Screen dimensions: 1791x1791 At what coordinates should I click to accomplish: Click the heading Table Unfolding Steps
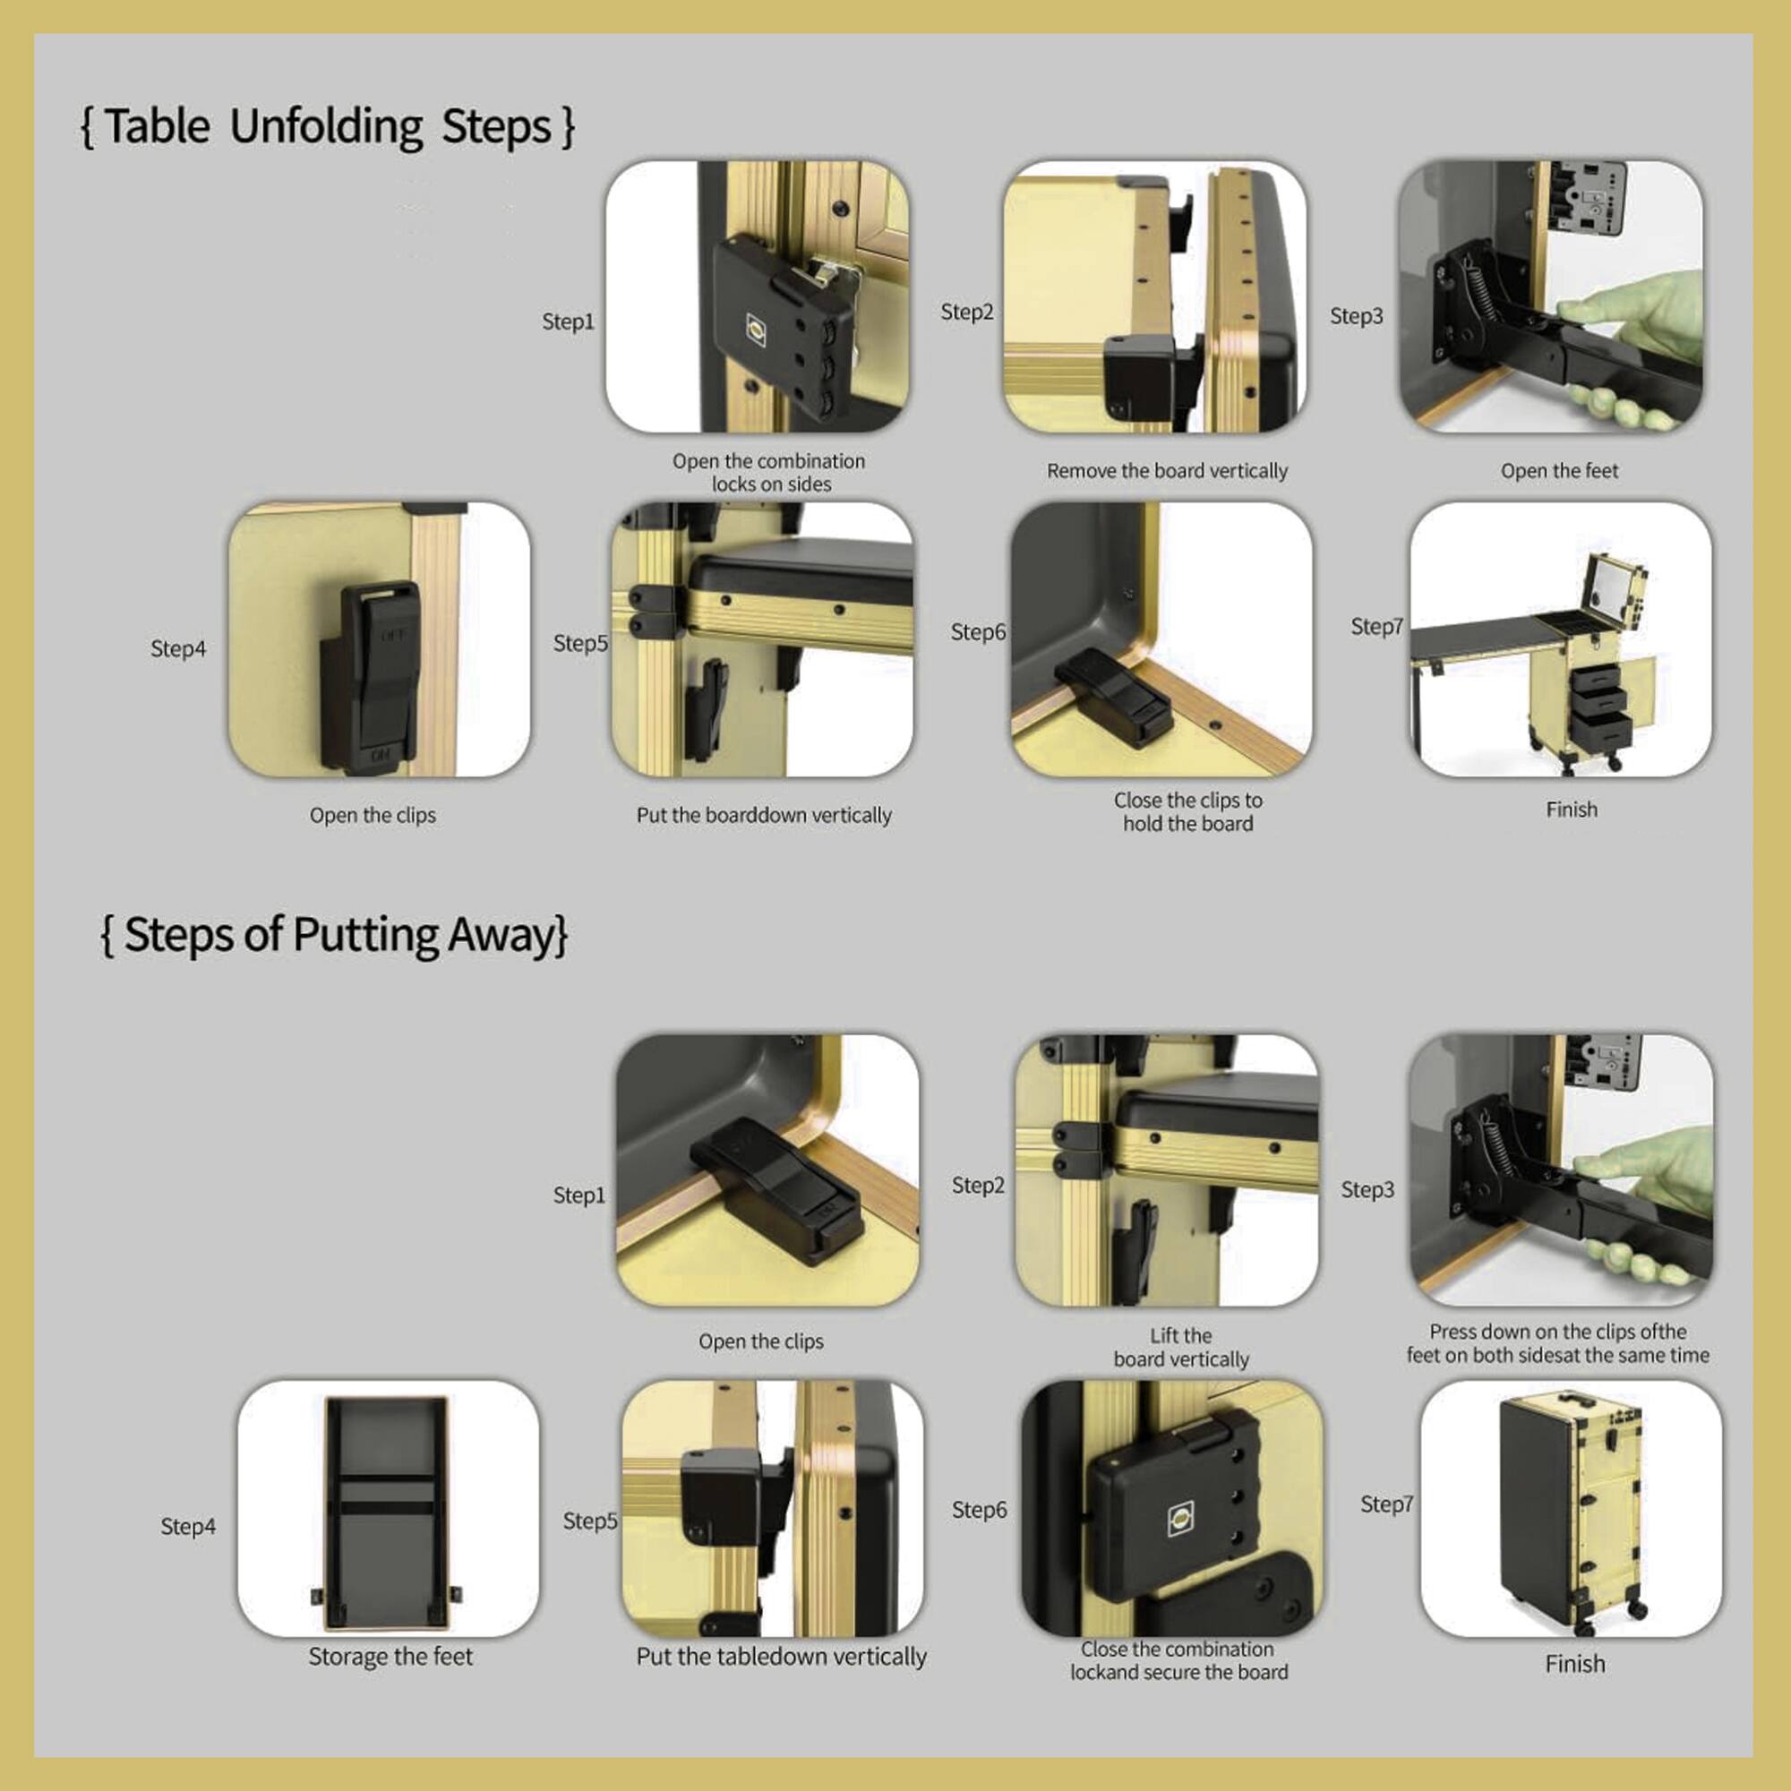pyautogui.click(x=327, y=126)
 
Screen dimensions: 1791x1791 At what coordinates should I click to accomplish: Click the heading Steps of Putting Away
pyautogui.click(x=334, y=934)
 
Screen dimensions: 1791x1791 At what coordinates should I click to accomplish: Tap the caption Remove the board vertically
pyautogui.click(x=1167, y=471)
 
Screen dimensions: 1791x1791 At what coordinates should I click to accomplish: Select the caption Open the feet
pyautogui.click(x=1559, y=471)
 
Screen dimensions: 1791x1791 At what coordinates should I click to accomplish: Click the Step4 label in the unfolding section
pyautogui.click(x=178, y=649)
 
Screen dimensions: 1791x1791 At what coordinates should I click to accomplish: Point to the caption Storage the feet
pyautogui.click(x=390, y=1657)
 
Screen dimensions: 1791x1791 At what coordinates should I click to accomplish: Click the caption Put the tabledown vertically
pyautogui.click(x=781, y=1657)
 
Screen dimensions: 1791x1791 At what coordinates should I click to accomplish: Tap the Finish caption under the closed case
pyautogui.click(x=1574, y=1664)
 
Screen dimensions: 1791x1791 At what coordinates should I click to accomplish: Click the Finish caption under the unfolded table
pyautogui.click(x=1572, y=810)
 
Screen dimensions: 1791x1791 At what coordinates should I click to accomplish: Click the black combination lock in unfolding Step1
pyautogui.click(x=779, y=324)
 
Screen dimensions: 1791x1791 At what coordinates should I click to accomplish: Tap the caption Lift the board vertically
pyautogui.click(x=1181, y=1347)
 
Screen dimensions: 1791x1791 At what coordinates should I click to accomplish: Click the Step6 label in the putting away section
pyautogui.click(x=979, y=1509)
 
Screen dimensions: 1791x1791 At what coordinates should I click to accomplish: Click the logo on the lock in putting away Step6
pyautogui.click(x=1180, y=1519)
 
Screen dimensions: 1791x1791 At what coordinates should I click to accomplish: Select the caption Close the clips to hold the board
pyautogui.click(x=1187, y=812)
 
